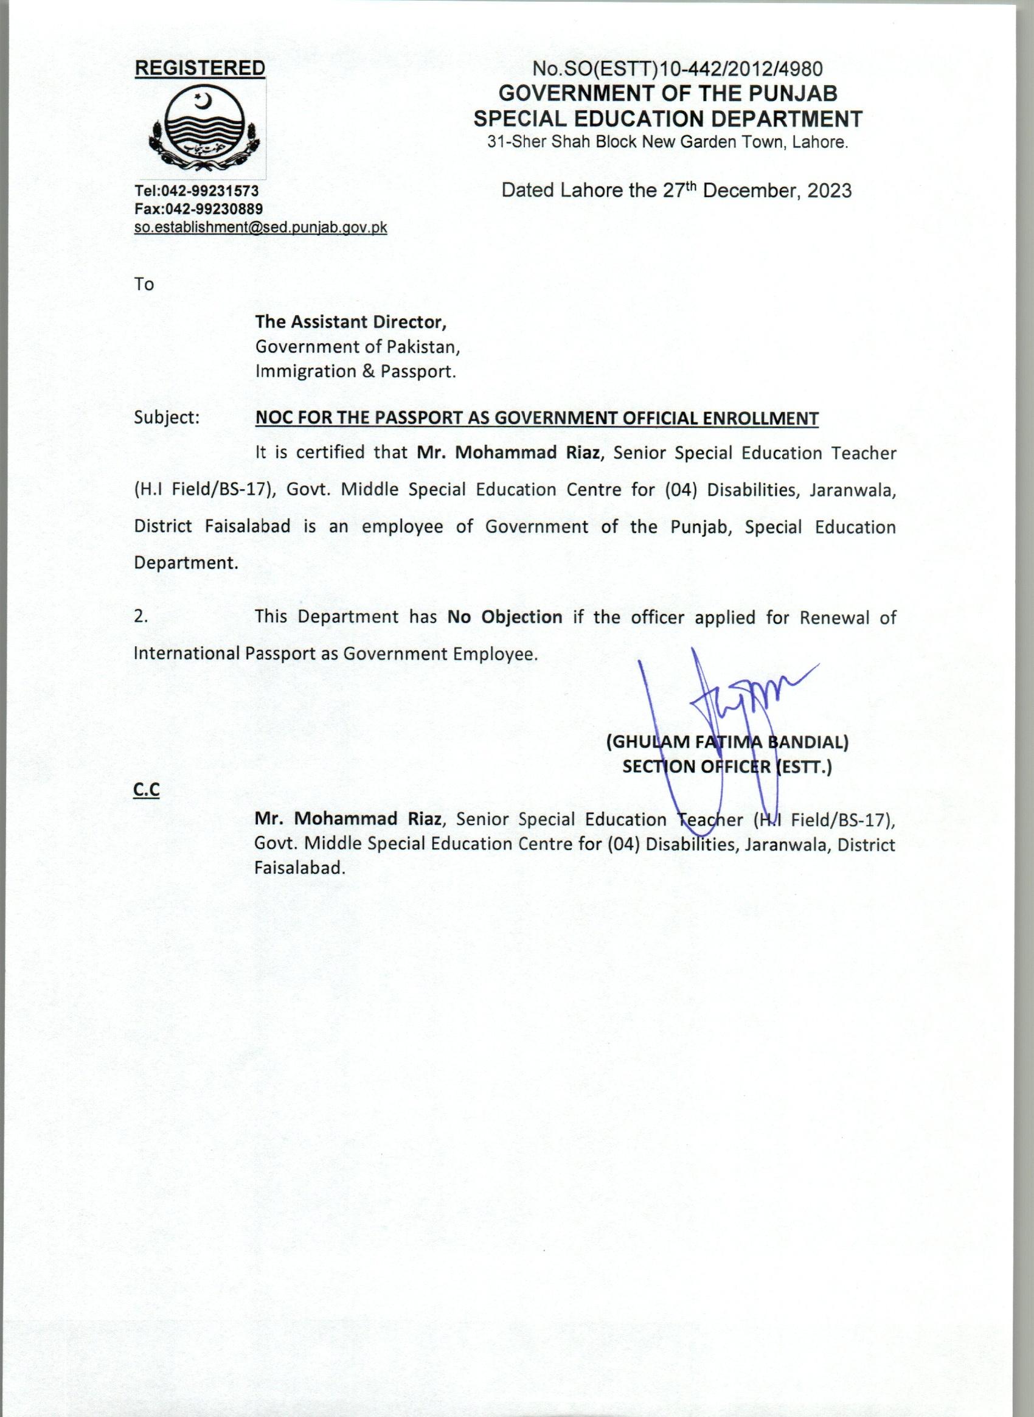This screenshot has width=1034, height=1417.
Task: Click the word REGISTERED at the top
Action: point(200,68)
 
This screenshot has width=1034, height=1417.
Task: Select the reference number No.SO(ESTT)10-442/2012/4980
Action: point(677,69)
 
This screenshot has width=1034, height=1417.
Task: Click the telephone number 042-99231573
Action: point(214,190)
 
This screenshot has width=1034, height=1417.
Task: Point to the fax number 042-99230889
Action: point(217,209)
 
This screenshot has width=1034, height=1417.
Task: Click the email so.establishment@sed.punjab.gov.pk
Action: point(260,228)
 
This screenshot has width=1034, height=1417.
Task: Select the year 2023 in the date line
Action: point(828,191)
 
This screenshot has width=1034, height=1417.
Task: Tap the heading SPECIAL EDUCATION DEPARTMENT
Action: point(668,119)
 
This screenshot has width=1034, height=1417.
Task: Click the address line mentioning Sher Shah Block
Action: point(668,143)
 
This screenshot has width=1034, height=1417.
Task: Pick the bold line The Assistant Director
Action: point(350,322)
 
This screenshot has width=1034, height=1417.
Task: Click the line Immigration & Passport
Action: point(355,371)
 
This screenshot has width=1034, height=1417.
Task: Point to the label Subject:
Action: point(167,417)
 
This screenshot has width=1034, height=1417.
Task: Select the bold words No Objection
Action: point(504,617)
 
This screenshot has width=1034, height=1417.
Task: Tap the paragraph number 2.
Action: point(141,617)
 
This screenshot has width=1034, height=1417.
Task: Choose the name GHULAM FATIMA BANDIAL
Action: point(727,743)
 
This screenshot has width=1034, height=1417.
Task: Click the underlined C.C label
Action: point(147,791)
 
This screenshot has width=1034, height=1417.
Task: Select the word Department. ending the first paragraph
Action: point(186,563)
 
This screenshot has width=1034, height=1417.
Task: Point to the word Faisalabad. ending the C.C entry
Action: point(300,868)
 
